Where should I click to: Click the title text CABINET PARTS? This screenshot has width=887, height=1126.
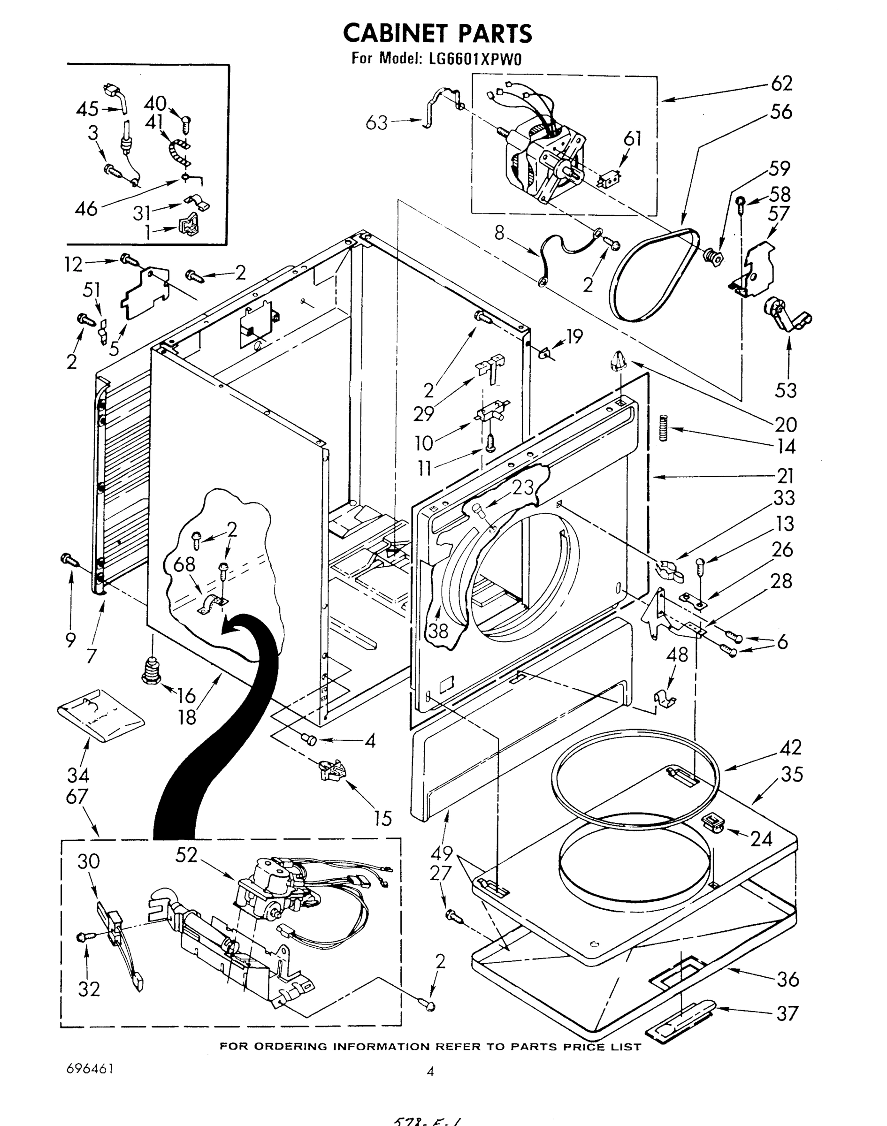[x=437, y=33]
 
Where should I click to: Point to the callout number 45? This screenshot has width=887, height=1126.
[x=87, y=109]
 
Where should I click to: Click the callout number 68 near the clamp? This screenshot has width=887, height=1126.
[x=184, y=565]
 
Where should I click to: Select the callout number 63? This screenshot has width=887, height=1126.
[x=376, y=123]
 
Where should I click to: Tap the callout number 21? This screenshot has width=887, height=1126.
[x=785, y=476]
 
